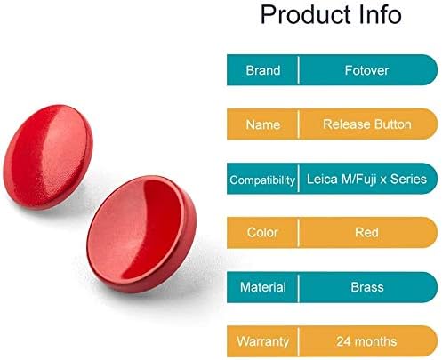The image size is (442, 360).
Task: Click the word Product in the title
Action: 306,15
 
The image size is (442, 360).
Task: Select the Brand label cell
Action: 263,70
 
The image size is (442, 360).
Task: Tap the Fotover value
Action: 366,70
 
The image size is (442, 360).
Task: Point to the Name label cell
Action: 263,124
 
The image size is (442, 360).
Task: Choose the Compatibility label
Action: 262,180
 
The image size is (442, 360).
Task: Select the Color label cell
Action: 262,233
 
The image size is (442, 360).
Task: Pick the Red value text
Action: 366,233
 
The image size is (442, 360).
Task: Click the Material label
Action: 263,287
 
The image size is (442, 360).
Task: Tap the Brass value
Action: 367,287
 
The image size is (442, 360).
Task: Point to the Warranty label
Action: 262,342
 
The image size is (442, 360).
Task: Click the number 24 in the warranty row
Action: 344,341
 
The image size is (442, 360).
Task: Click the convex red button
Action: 48,157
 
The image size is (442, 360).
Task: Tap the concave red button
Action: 141,234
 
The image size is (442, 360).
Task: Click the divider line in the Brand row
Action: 298,70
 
